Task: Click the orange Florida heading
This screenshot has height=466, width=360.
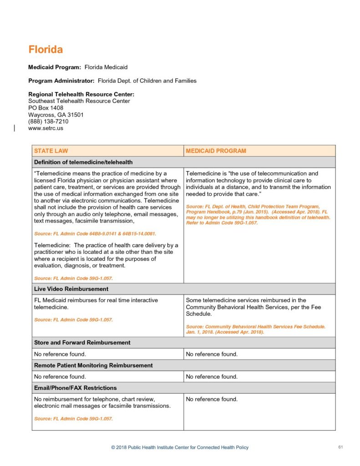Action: point(46,49)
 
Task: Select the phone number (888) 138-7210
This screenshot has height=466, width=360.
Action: point(48,122)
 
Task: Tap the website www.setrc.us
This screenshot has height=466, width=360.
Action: point(46,128)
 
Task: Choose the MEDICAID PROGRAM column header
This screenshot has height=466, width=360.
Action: point(216,151)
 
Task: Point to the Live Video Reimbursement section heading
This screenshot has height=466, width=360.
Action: point(71,289)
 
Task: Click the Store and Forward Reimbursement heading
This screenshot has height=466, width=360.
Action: point(82,343)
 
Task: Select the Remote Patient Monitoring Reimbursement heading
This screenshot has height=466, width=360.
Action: point(93,365)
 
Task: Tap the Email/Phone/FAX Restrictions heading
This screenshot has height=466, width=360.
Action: point(75,388)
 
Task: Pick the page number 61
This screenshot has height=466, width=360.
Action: point(340,447)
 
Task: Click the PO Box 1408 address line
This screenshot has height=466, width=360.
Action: point(46,108)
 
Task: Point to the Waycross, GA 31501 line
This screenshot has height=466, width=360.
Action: point(56,115)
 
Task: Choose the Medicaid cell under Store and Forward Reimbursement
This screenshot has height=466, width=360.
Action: point(212,354)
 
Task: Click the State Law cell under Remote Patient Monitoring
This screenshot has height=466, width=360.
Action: point(60,377)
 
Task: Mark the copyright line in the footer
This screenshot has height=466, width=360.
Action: point(180,448)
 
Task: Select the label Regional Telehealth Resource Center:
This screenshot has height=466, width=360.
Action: point(81,94)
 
